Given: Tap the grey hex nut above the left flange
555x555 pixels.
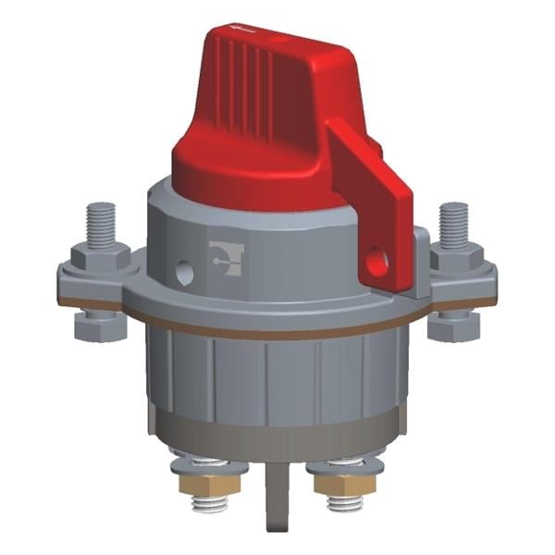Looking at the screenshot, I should point(97,255).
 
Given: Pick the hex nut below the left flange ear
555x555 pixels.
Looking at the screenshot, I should point(96,326).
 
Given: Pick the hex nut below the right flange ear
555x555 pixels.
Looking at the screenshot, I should point(453,326).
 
